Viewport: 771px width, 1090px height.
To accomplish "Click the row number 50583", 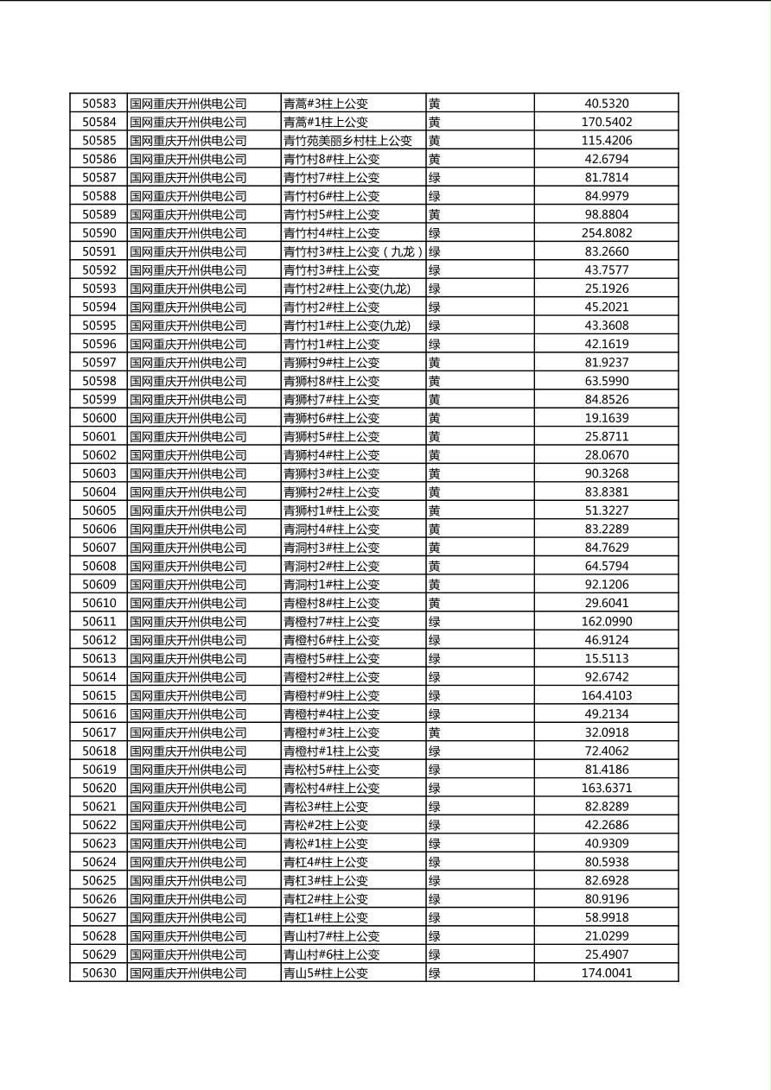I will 99,104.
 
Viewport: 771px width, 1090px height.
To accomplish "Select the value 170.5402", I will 606,123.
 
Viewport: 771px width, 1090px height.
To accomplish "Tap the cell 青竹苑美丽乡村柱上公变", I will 347,141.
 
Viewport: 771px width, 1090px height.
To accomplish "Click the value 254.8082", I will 606,233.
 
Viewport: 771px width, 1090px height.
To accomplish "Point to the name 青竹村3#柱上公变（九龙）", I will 353,252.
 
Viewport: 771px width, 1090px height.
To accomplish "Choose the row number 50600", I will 99,418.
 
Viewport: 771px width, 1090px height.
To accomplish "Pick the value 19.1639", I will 606,418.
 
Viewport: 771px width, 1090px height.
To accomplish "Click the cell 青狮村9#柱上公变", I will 331,363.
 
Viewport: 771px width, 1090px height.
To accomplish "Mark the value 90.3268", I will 606,473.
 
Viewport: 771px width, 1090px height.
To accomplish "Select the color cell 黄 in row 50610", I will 434,603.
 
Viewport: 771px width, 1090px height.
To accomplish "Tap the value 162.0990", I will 606,622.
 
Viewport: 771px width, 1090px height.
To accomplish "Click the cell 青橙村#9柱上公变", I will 331,695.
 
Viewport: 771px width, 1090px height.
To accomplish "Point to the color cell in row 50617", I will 434,732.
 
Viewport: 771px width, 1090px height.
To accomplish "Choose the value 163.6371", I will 606,788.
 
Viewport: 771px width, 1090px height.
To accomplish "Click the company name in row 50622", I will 188,825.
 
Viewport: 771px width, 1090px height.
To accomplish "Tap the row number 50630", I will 99,973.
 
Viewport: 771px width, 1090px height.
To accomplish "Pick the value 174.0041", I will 606,973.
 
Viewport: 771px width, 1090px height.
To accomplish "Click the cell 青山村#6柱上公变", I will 331,954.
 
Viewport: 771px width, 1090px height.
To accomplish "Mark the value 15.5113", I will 606,658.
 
